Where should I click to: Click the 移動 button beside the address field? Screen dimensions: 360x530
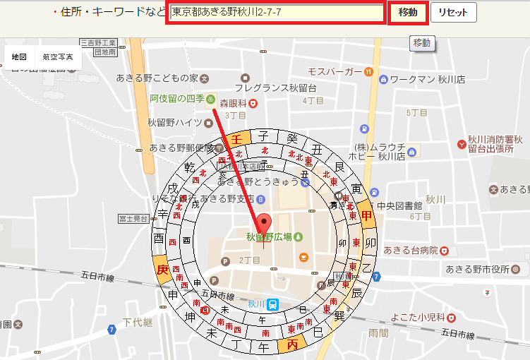pyautogui.click(x=407, y=13)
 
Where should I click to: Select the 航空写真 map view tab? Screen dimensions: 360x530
pyautogui.click(x=58, y=56)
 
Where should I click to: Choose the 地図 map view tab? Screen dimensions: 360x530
pyautogui.click(x=19, y=56)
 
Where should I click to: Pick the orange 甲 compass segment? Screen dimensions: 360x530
pyautogui.click(x=366, y=215)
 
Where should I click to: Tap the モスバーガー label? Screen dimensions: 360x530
pyautogui.click(x=335, y=71)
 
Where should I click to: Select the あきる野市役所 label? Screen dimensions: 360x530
pyautogui.click(x=477, y=269)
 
